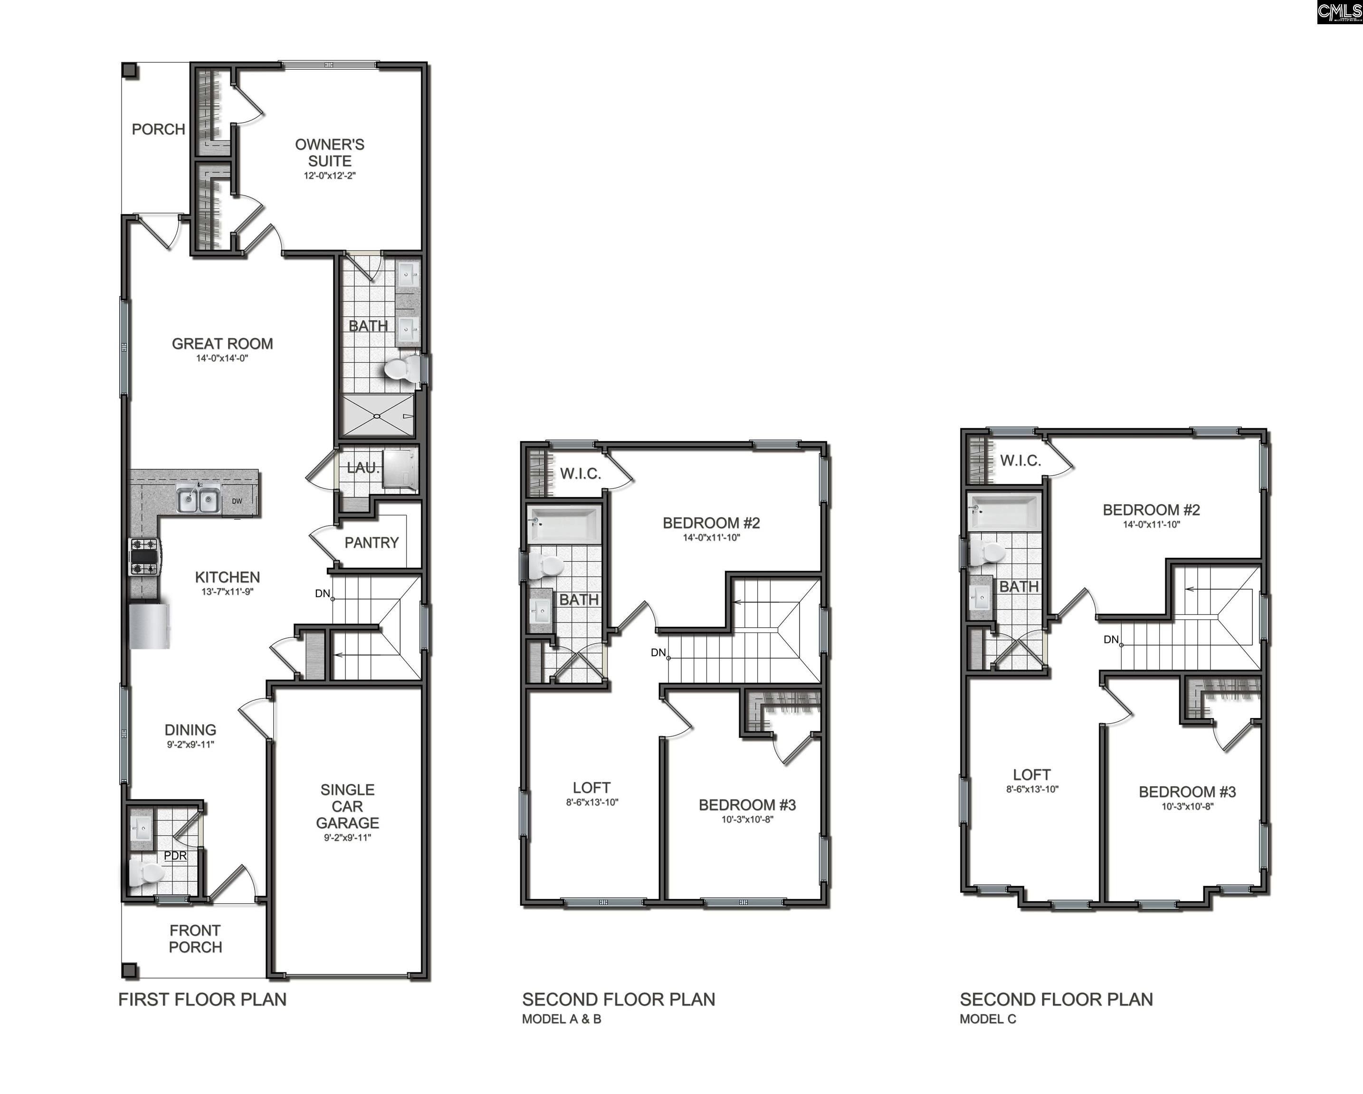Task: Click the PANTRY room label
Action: click(371, 542)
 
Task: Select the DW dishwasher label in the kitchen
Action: click(237, 501)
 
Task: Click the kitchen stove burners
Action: click(143, 556)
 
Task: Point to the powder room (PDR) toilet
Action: click(145, 873)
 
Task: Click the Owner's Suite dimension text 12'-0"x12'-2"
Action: click(329, 176)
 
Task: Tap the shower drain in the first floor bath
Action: click(377, 416)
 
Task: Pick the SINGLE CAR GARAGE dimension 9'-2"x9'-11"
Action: click(347, 838)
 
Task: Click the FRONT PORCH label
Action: click(195, 939)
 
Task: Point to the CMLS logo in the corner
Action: click(1339, 12)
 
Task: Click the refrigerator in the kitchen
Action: click(149, 626)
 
